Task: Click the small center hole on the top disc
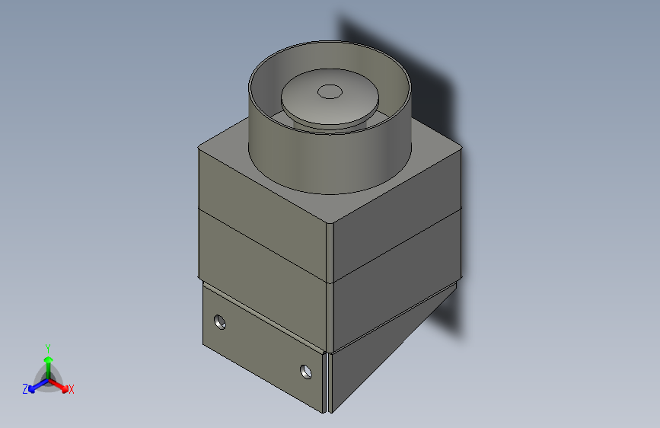pyautogui.click(x=330, y=91)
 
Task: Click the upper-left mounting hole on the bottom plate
pyautogui.click(x=221, y=321)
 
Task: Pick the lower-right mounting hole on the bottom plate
pyautogui.click(x=306, y=372)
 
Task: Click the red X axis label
pyautogui.click(x=71, y=389)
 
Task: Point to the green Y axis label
pyautogui.click(x=48, y=347)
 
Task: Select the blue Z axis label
pyautogui.click(x=25, y=388)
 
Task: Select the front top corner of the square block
pyautogui.click(x=331, y=222)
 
